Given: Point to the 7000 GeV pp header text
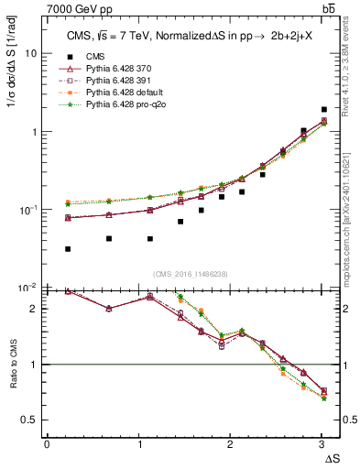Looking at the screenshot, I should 82,8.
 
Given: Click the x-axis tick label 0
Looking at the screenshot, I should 47,444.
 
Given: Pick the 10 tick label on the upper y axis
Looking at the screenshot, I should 30,53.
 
